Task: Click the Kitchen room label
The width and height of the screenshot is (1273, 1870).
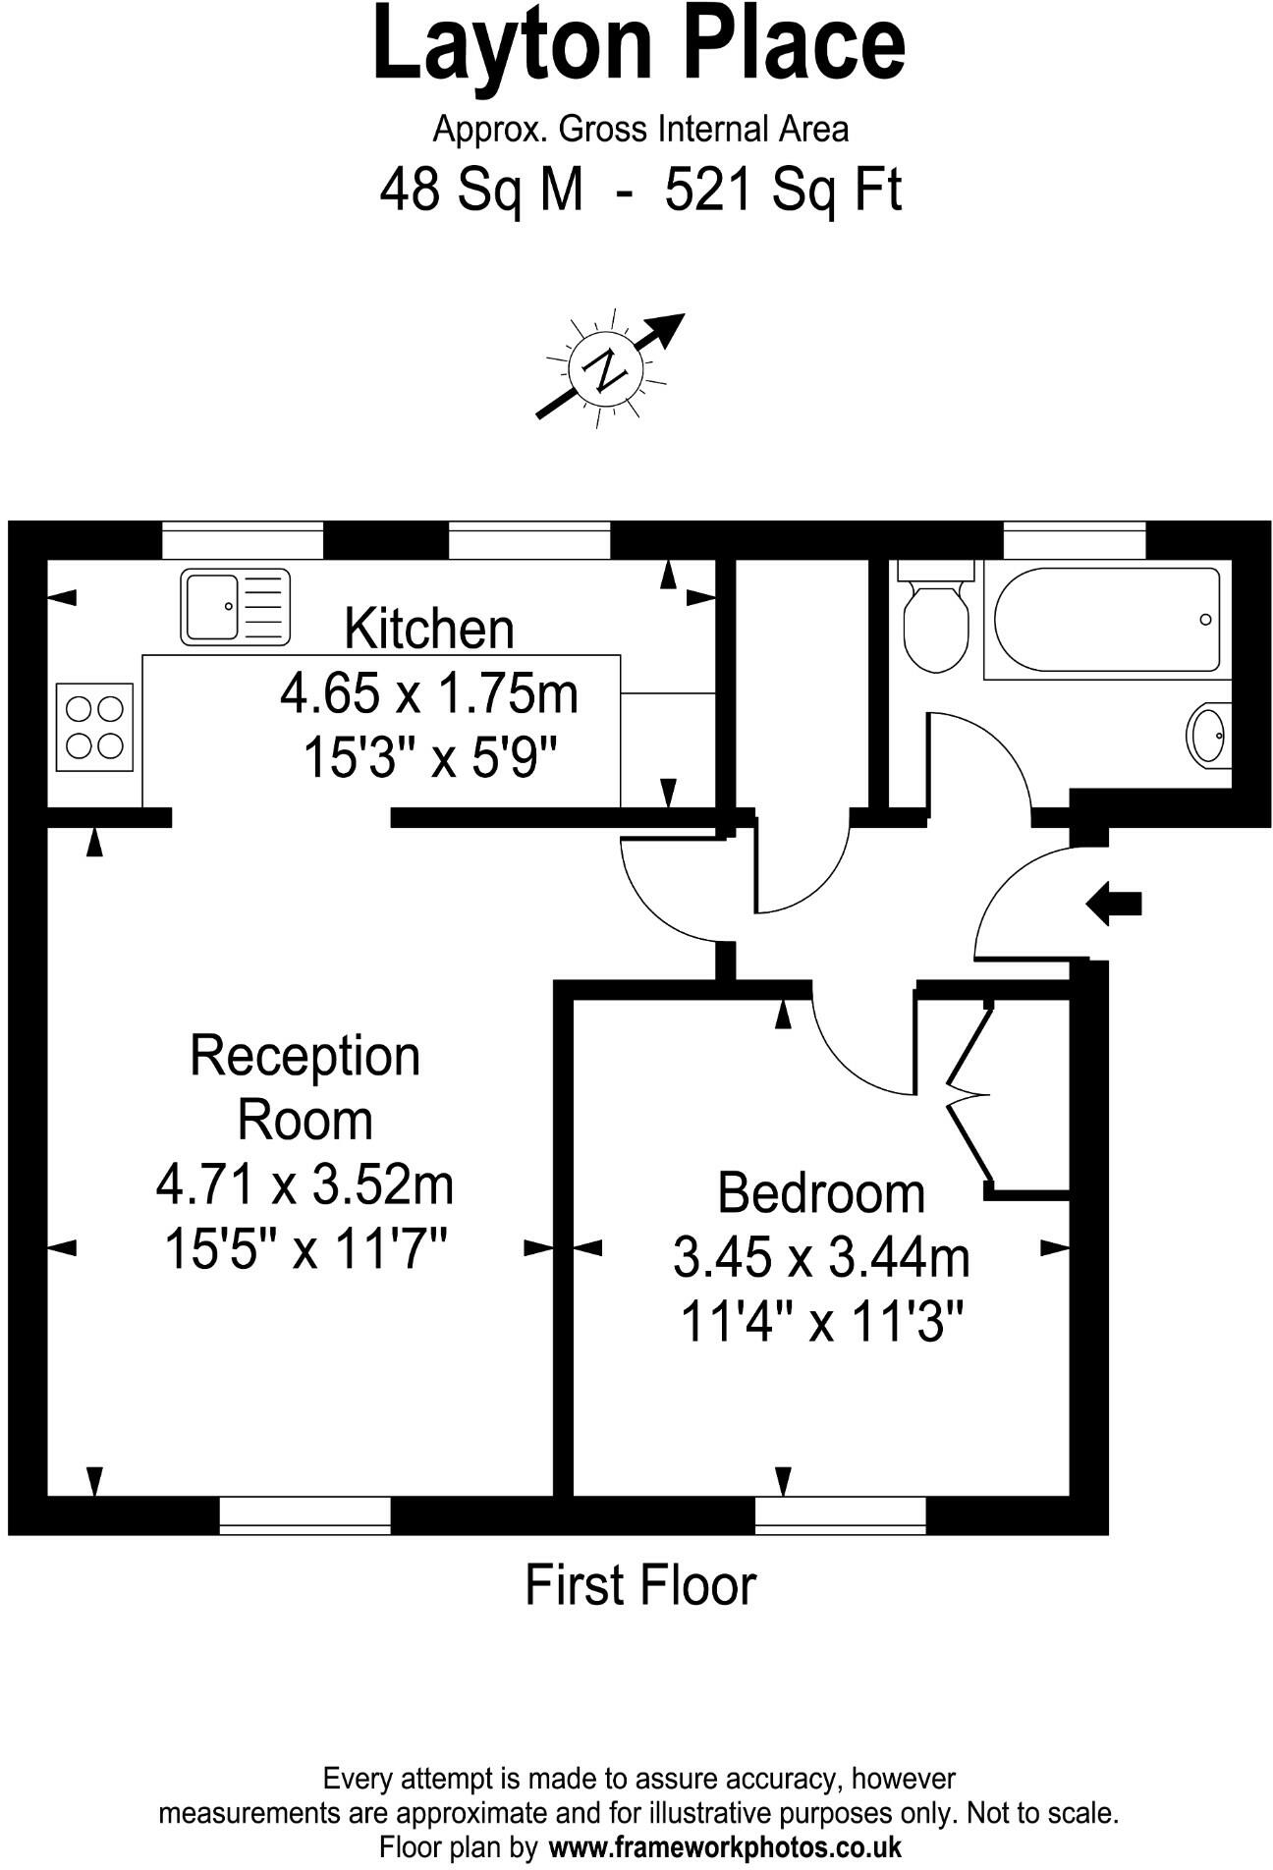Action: click(x=429, y=629)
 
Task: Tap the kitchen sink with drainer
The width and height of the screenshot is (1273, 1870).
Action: click(x=235, y=607)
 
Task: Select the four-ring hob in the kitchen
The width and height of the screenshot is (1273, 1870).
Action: click(x=94, y=727)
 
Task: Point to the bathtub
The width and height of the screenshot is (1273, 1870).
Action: click(x=1107, y=620)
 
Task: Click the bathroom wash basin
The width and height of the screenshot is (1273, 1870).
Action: click(x=1208, y=734)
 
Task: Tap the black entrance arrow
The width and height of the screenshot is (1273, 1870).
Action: click(x=1114, y=903)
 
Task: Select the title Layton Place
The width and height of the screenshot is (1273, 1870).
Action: click(x=638, y=44)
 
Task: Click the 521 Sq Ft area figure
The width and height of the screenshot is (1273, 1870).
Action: click(x=783, y=190)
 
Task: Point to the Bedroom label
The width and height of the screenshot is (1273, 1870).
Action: click(x=821, y=1192)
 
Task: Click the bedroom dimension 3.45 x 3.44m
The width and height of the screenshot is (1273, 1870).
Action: click(x=821, y=1257)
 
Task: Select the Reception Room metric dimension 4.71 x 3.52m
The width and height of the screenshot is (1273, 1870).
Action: click(x=304, y=1184)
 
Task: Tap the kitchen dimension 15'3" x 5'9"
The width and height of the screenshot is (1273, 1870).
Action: click(x=430, y=758)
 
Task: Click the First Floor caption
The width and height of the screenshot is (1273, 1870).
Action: click(x=640, y=1585)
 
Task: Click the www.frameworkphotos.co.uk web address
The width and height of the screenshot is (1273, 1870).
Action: click(x=725, y=1846)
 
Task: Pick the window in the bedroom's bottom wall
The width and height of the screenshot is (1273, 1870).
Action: click(x=840, y=1513)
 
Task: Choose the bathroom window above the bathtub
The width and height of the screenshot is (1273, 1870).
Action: click(x=1074, y=540)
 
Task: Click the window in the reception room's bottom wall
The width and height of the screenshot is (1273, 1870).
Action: click(x=304, y=1513)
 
